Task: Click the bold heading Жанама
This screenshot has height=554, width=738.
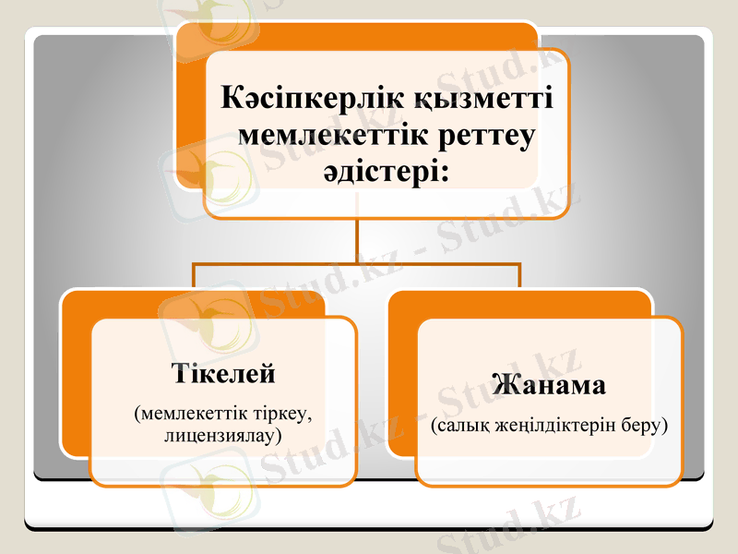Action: (x=549, y=383)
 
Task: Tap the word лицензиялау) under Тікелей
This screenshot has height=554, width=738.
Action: (x=223, y=432)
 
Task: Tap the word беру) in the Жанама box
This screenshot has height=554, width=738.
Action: (x=644, y=427)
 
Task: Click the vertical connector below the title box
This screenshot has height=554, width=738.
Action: (x=357, y=241)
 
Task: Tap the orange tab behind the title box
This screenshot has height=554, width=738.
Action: (x=189, y=102)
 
